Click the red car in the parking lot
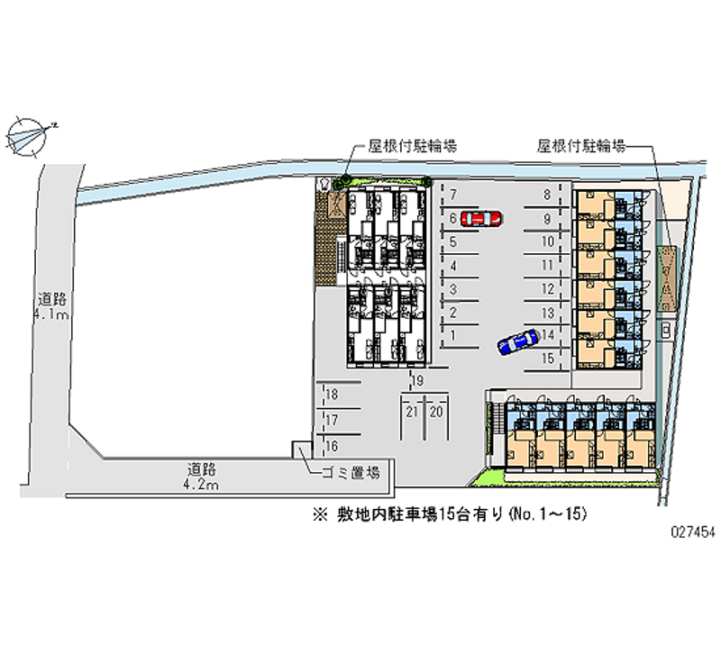479,218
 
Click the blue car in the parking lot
517,342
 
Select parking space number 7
453,195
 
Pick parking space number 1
453,335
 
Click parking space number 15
547,358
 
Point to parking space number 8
547,195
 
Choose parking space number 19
417,382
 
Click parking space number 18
332,395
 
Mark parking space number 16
332,445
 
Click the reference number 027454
694,532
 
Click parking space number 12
547,289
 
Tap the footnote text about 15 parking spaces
450,514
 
